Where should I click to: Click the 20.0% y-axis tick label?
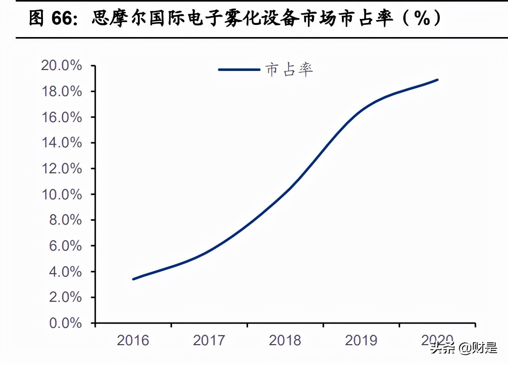point(61,65)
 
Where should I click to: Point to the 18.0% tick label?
point(61,91)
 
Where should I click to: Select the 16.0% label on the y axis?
point(61,117)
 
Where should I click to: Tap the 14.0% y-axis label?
point(61,143)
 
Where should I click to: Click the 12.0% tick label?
point(61,169)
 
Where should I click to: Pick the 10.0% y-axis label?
point(61,194)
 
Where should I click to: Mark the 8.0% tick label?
point(65,220)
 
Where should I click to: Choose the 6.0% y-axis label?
point(65,246)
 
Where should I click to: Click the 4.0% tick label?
point(65,272)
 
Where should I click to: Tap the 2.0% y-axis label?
point(65,297)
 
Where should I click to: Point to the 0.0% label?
point(65,323)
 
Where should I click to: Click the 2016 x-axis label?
point(133,340)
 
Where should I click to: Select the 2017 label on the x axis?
point(209,340)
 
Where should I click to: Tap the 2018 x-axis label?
point(285,340)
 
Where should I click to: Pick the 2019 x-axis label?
point(361,340)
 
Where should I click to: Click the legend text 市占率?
point(289,70)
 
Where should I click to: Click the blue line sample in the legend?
point(239,70)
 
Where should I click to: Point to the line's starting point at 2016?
point(133,279)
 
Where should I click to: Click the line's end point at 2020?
point(437,80)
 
